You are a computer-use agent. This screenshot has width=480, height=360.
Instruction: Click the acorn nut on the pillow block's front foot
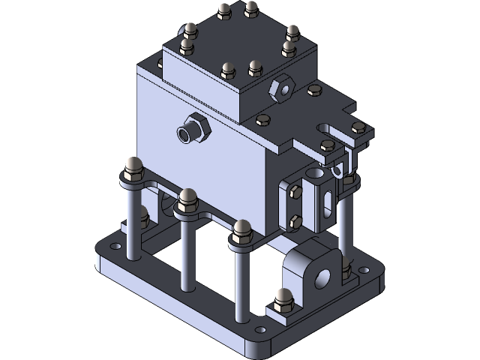coord(283,298)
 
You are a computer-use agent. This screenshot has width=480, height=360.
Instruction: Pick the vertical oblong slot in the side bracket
coord(328,202)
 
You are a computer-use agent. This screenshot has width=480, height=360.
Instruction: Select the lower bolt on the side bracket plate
coord(294,221)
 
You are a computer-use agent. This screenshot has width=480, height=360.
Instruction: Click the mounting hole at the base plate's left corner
coord(115,246)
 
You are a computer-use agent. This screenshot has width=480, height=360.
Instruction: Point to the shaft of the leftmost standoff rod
coord(131,217)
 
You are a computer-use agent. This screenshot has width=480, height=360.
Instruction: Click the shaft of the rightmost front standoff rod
coord(240,285)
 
